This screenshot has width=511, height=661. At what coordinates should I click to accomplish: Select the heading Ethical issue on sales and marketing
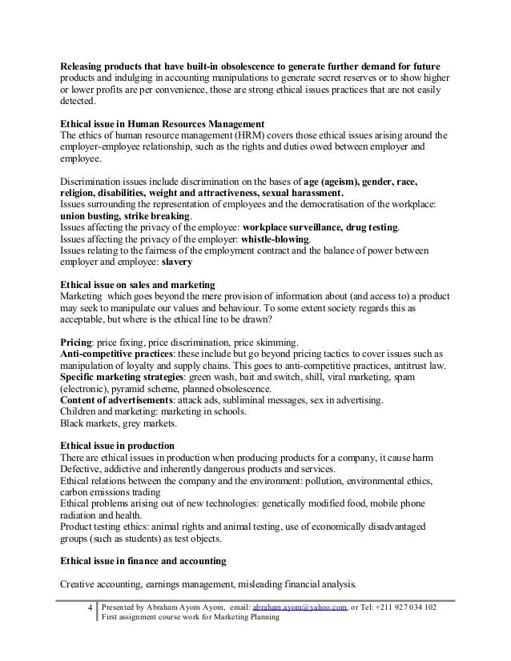(x=138, y=284)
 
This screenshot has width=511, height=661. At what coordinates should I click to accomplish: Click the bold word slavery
(x=177, y=262)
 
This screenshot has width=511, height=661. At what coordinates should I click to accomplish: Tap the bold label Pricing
(x=77, y=341)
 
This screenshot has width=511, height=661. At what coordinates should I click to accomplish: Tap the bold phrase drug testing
(x=369, y=227)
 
